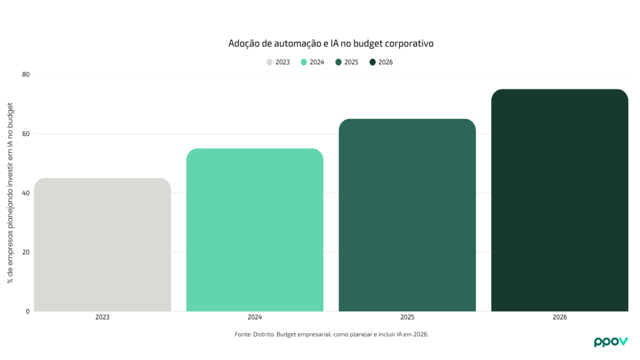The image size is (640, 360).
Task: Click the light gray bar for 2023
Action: [102, 245]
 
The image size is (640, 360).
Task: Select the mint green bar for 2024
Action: [255, 230]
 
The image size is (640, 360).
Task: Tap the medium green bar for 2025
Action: [407, 215]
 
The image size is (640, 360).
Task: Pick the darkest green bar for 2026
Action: [559, 200]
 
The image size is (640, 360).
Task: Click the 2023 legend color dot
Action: [270, 62]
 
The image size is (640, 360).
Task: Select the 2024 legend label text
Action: [317, 62]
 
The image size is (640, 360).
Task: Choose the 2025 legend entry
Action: [347, 62]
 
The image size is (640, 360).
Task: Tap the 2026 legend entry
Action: [381, 62]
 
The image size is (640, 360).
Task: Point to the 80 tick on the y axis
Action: [26, 74]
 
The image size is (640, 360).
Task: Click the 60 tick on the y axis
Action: [26, 134]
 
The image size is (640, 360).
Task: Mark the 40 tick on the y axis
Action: [26, 193]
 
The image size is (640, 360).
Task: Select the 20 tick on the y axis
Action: [26, 252]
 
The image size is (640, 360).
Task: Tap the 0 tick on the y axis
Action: [27, 311]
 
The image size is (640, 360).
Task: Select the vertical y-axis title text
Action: [11, 193]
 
